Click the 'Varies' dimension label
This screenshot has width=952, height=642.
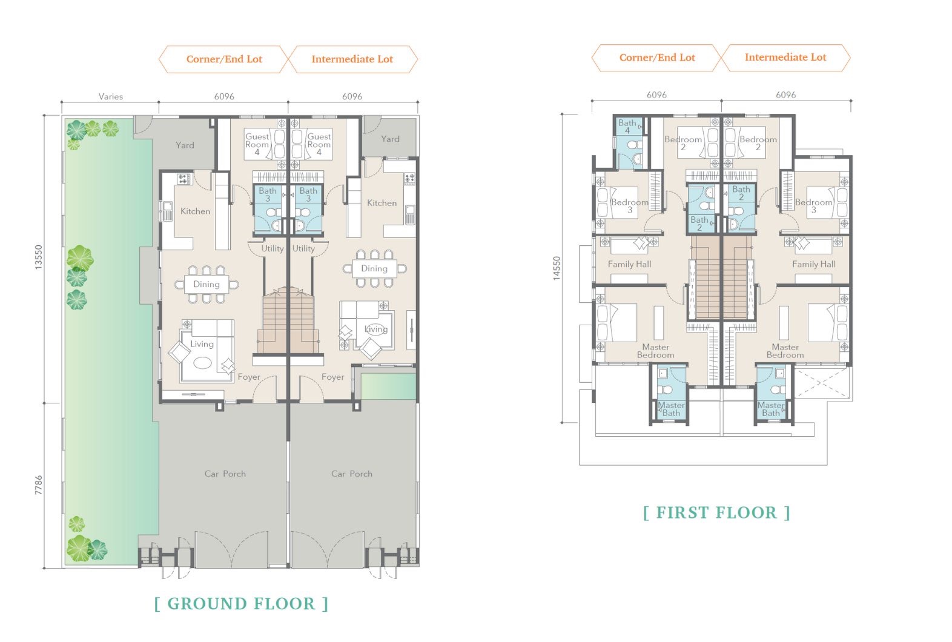tap(110, 96)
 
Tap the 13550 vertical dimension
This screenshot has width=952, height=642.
tap(39, 257)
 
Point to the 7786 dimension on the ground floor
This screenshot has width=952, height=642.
tap(39, 485)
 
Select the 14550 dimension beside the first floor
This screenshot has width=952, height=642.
tap(557, 268)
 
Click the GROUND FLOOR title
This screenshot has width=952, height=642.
tap(242, 604)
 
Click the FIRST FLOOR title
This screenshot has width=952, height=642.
tap(716, 513)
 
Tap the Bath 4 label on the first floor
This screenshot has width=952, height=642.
tap(627, 127)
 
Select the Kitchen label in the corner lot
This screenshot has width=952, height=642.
tap(195, 211)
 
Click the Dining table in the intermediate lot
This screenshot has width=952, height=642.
tap(374, 269)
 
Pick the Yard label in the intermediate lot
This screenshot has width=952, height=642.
tap(390, 139)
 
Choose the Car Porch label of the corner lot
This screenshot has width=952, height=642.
tap(225, 474)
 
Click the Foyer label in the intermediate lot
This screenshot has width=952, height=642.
tap(332, 377)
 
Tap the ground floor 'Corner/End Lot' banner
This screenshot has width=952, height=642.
tap(224, 59)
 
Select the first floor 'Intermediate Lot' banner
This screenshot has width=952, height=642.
tap(785, 58)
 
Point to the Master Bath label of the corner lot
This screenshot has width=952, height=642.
tap(671, 409)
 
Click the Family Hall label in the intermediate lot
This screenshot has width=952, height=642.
tap(814, 265)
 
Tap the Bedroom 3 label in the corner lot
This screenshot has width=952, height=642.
tap(629, 206)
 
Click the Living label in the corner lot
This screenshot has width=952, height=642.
tap(202, 344)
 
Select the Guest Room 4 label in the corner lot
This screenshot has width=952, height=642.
tap(257, 144)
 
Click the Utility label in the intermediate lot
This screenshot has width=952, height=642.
tap(303, 249)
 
